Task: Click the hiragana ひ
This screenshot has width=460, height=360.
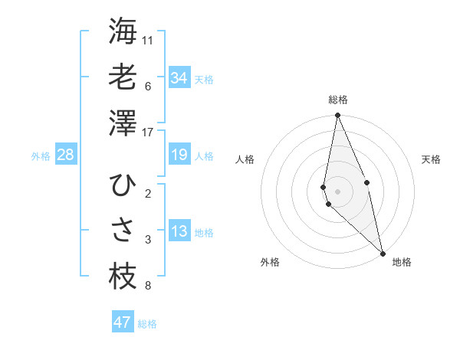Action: pyautogui.click(x=123, y=185)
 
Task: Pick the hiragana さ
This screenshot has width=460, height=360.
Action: pyautogui.click(x=123, y=231)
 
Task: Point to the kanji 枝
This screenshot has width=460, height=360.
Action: pyautogui.click(x=123, y=277)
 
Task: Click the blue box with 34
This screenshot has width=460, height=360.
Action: pyautogui.click(x=179, y=78)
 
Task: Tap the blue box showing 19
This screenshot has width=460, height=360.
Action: pyautogui.click(x=179, y=155)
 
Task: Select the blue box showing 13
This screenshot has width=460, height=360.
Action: pyautogui.click(x=179, y=232)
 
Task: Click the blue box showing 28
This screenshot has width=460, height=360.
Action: pyautogui.click(x=66, y=155)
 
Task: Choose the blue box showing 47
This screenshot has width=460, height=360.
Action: pyautogui.click(x=123, y=322)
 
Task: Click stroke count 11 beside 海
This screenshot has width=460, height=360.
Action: pyautogui.click(x=148, y=40)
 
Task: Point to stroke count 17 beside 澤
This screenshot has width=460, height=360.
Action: pyautogui.click(x=148, y=133)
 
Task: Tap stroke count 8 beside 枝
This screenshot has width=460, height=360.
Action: pyautogui.click(x=147, y=286)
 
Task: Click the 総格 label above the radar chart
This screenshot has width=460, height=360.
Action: pyautogui.click(x=338, y=100)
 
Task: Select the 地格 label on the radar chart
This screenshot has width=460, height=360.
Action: pyautogui.click(x=402, y=262)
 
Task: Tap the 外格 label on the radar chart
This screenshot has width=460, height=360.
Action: pyautogui.click(x=270, y=262)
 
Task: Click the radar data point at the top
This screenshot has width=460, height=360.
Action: pyautogui.click(x=337, y=116)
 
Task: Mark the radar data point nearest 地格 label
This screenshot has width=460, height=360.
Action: pyautogui.click(x=382, y=253)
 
